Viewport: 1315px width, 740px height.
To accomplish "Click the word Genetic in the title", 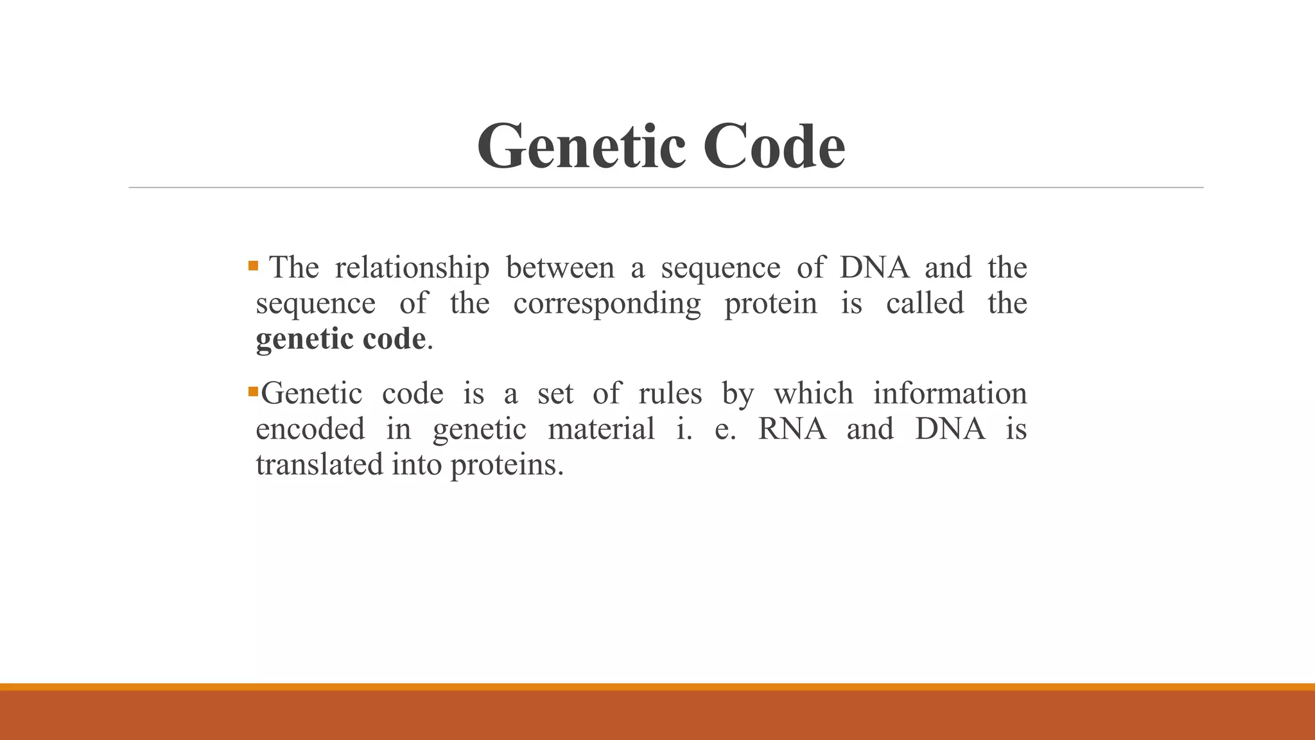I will [582, 147].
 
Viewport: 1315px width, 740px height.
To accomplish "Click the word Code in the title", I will [774, 147].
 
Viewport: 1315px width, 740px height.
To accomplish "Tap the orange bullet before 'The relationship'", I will [253, 265].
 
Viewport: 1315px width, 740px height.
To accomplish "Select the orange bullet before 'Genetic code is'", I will [253, 391].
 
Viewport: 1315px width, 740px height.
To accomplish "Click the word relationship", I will [412, 267].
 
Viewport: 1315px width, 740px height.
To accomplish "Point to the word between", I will [560, 267].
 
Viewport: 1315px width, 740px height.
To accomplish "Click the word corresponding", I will [607, 304].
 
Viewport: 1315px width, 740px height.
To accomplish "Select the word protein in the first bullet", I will [771, 303].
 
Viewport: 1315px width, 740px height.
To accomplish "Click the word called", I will [925, 303].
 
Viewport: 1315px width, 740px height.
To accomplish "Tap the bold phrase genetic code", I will [340, 339].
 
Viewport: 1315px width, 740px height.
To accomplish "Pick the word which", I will [813, 393].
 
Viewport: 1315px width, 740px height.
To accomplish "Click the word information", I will [950, 393].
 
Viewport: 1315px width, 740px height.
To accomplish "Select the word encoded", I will [310, 428].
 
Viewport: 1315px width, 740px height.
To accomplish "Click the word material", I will [601, 428].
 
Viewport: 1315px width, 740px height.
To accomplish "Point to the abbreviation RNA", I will [792, 428].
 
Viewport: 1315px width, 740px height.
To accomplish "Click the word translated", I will [319, 464].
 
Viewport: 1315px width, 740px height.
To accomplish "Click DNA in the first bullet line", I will [874, 267].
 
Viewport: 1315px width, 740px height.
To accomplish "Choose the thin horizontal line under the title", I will [665, 188].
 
